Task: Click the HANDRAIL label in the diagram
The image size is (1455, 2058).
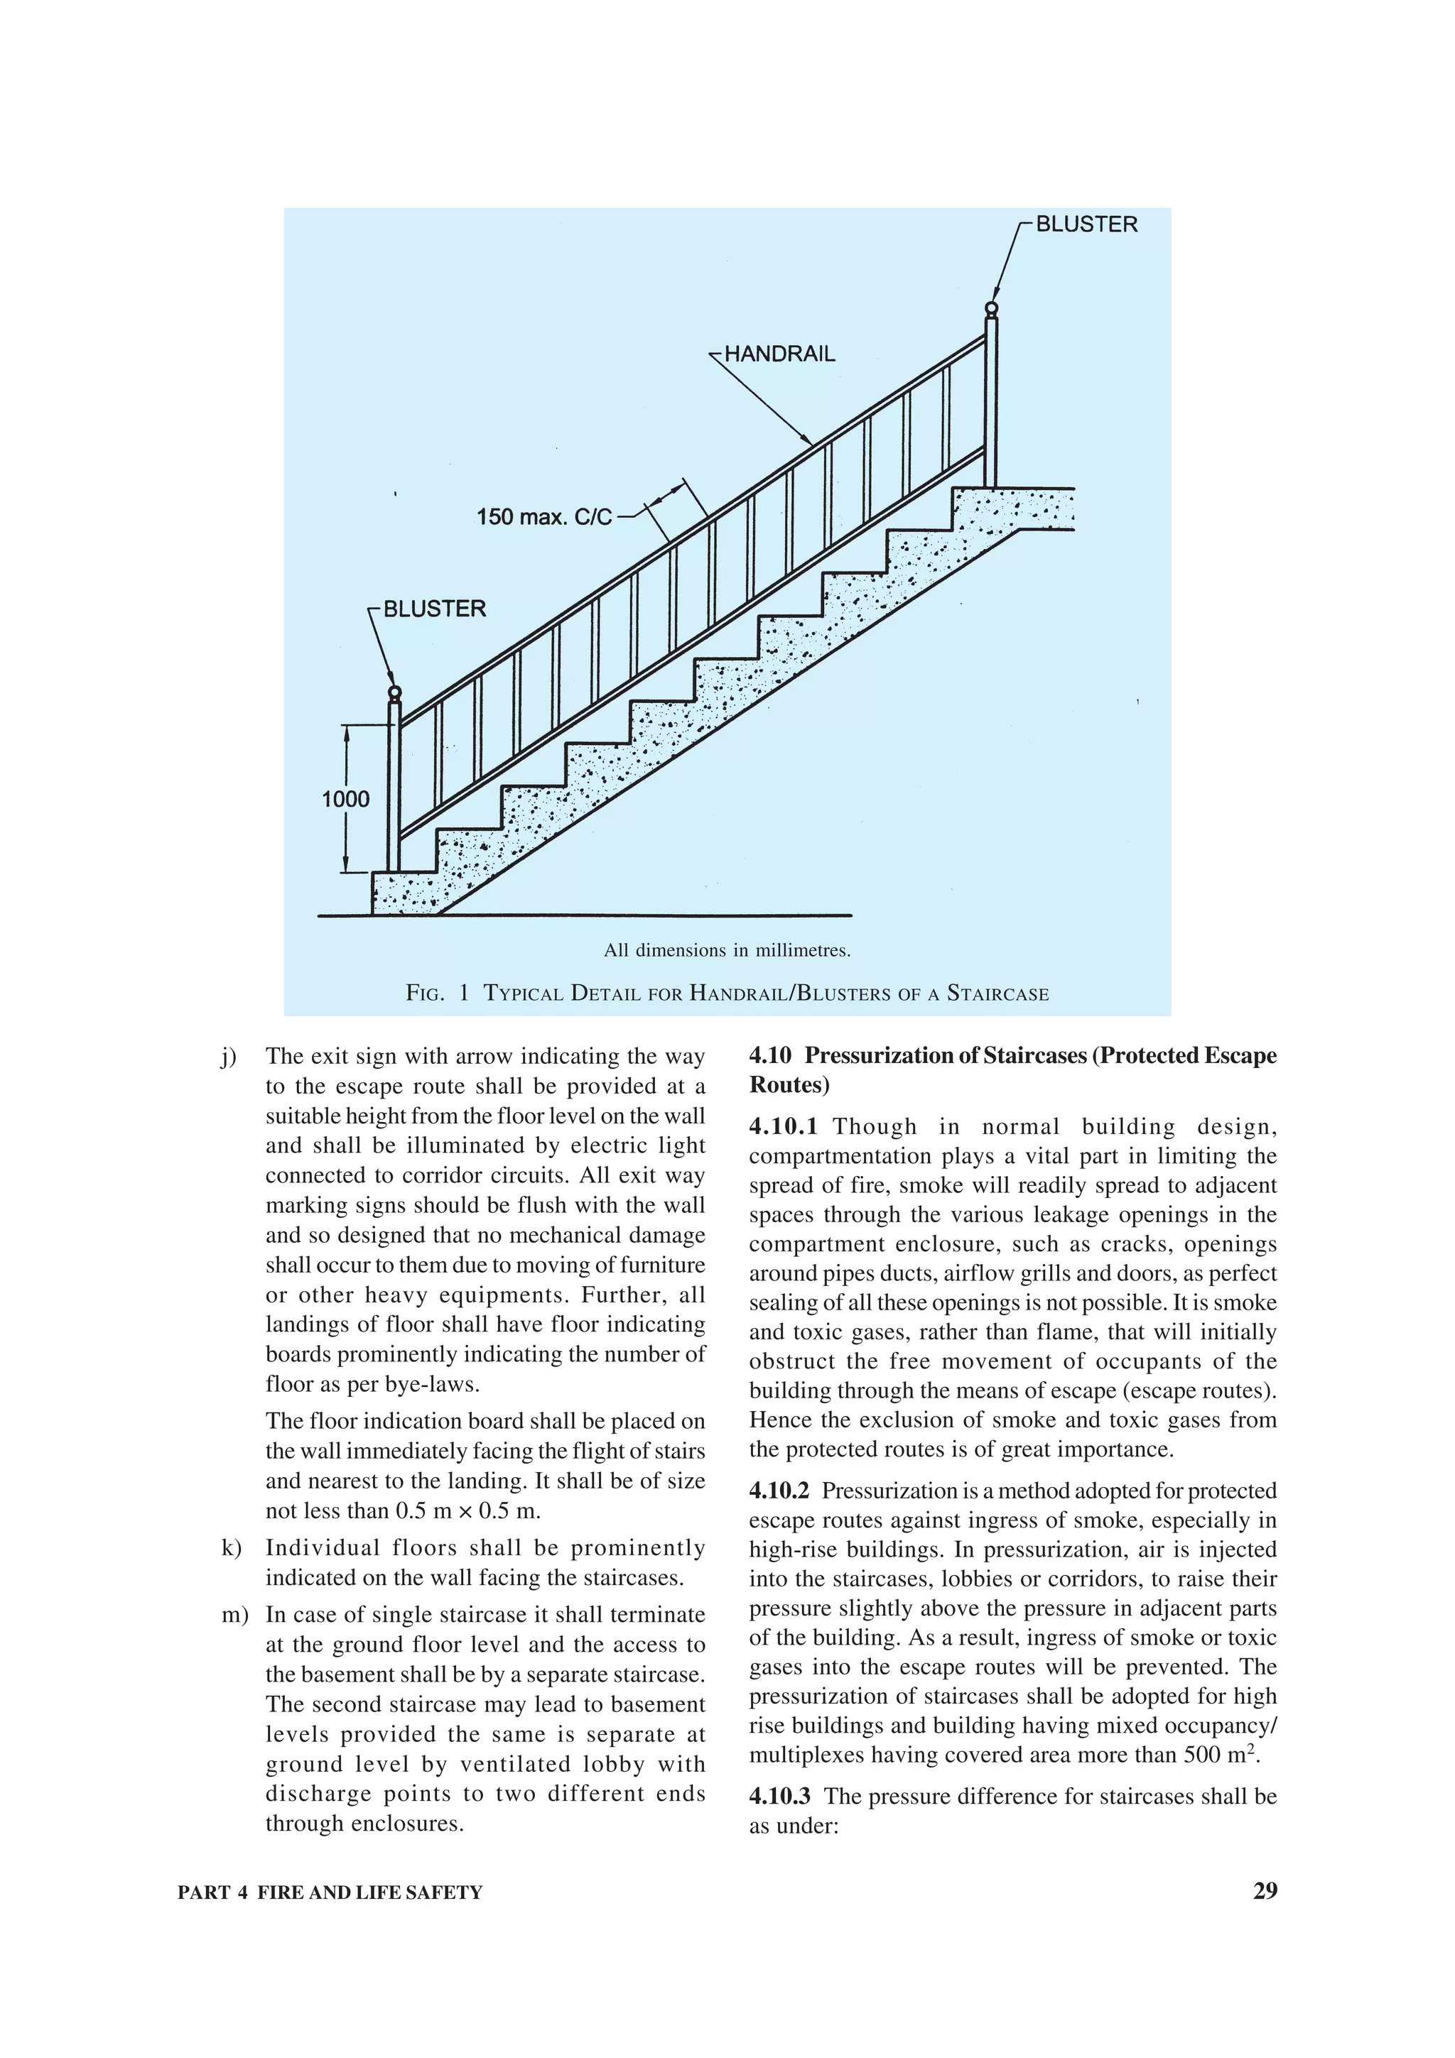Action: pos(779,354)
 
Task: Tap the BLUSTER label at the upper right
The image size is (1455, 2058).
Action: pos(1086,224)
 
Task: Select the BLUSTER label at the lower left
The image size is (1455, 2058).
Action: pos(435,609)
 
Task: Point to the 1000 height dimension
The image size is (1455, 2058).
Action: pos(346,799)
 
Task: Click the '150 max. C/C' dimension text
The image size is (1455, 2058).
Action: pos(544,517)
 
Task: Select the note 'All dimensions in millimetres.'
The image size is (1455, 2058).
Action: pos(727,950)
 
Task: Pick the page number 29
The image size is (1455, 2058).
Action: pos(1265,1891)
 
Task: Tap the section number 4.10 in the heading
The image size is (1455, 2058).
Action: pos(771,1056)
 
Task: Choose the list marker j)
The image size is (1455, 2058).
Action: pos(229,1057)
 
